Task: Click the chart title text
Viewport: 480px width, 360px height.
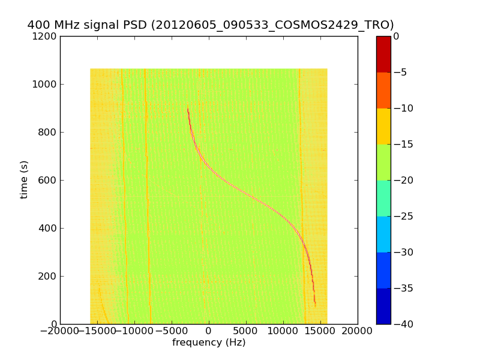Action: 211,25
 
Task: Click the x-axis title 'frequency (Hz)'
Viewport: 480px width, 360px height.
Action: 209,343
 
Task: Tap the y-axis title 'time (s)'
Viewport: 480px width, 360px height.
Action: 24,179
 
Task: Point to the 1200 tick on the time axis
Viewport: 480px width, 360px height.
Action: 46,36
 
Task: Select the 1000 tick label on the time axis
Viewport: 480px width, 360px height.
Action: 46,84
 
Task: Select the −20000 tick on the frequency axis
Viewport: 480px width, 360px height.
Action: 58,331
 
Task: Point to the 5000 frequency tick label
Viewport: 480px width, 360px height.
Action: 246,331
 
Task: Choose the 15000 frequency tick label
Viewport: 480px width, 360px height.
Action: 320,331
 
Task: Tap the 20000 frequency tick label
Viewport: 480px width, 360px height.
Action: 358,331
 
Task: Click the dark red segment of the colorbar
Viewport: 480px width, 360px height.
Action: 383,54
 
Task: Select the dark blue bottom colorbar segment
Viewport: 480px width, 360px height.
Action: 383,306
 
